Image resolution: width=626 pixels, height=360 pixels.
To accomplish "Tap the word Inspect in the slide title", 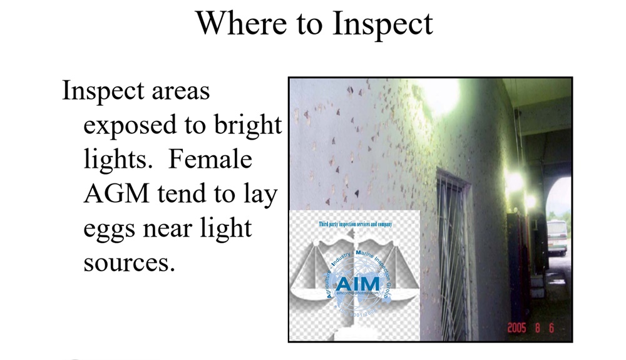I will (382, 24).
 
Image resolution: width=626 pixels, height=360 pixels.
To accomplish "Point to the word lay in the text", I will (259, 195).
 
